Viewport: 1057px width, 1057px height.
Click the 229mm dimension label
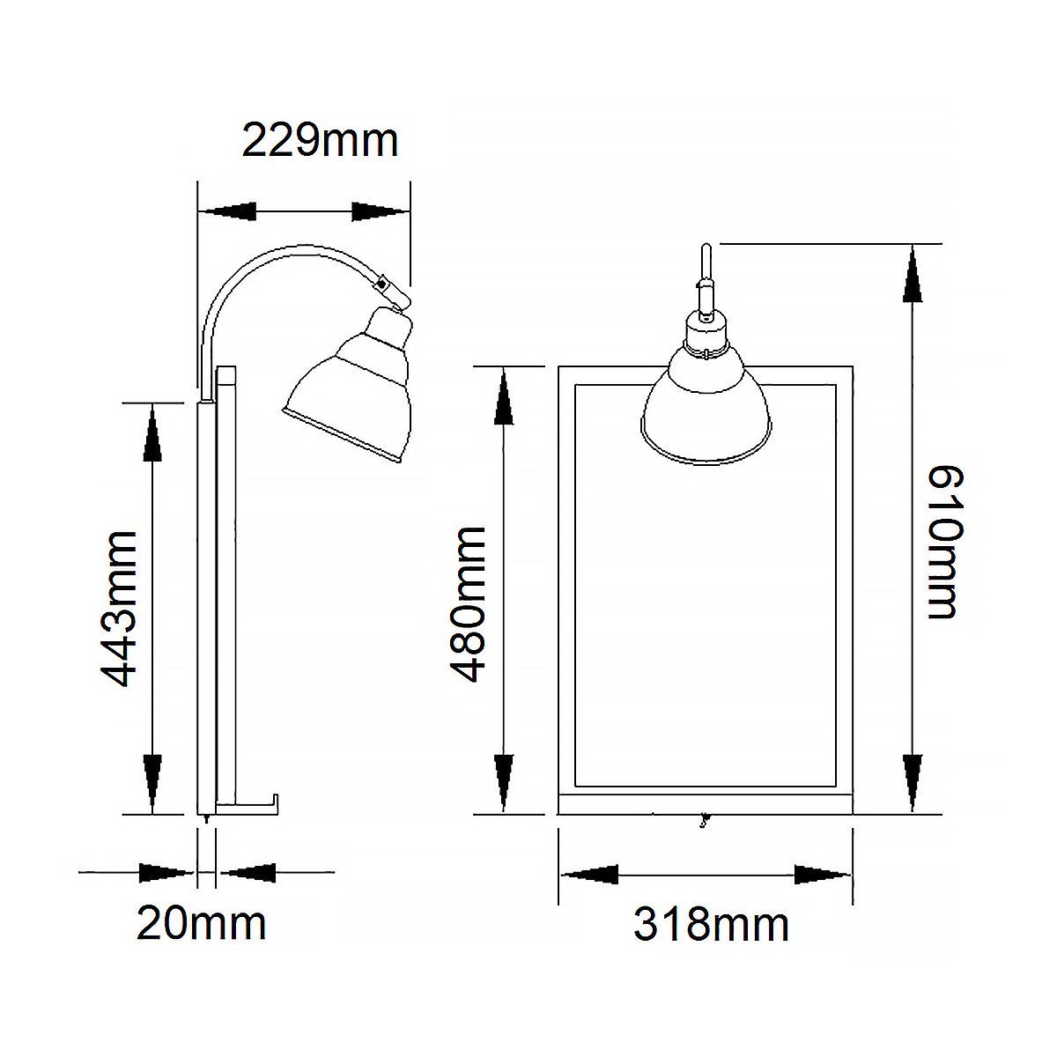click(x=320, y=141)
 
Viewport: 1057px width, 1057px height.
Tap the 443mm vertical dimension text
click(x=117, y=610)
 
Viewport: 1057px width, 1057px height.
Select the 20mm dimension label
click(x=201, y=924)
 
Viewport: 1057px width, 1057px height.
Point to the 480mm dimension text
click(x=468, y=605)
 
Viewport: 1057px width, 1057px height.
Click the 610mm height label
click(x=945, y=543)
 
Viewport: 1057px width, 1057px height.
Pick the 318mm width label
click(x=711, y=926)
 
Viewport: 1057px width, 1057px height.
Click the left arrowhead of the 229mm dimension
click(x=227, y=211)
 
